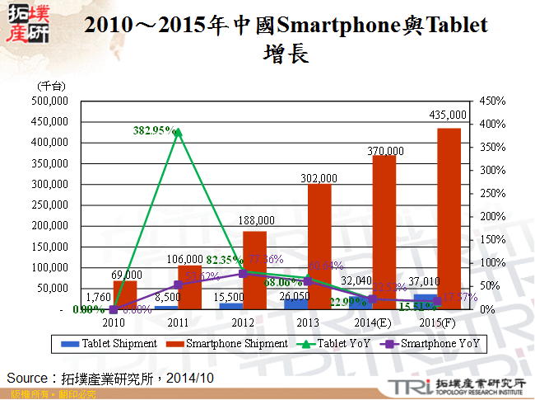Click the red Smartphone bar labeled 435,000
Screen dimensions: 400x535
(x=449, y=219)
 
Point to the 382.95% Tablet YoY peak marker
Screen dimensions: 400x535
(x=178, y=132)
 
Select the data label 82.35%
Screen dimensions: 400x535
(x=222, y=258)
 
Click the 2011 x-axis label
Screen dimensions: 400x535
(x=178, y=322)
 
